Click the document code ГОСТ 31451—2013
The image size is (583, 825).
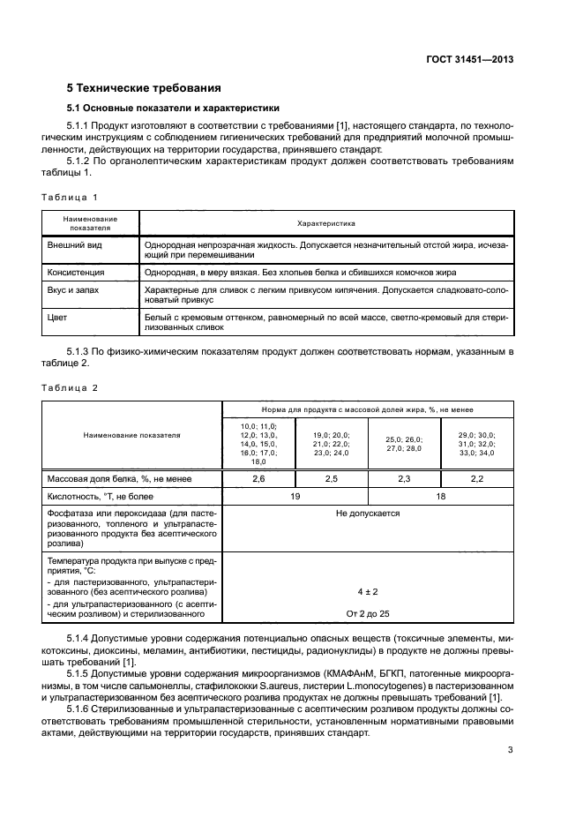tap(469, 59)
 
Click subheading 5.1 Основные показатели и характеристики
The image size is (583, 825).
tap(173, 109)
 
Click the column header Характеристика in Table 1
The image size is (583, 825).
tap(326, 224)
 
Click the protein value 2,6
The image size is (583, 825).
tap(258, 478)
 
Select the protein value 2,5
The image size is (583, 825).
tap(331, 478)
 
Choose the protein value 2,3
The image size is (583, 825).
tap(403, 478)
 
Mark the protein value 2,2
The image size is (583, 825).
tap(476, 478)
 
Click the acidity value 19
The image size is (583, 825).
tap(295, 496)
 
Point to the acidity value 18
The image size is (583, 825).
tap(440, 496)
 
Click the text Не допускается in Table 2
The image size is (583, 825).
tap(368, 513)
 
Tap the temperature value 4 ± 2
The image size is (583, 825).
tap(368, 591)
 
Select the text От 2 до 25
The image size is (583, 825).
tap(368, 612)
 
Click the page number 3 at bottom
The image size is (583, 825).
tap(511, 751)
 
